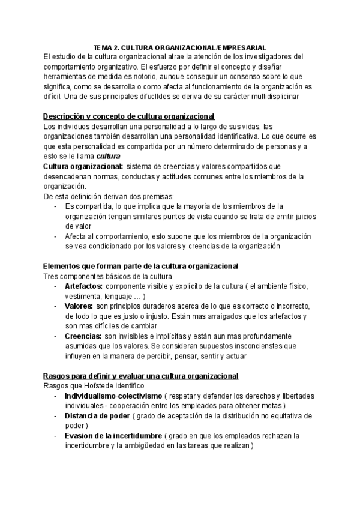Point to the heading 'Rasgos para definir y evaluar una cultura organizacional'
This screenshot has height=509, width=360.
click(x=142, y=376)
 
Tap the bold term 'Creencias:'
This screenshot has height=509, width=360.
click(x=83, y=336)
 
